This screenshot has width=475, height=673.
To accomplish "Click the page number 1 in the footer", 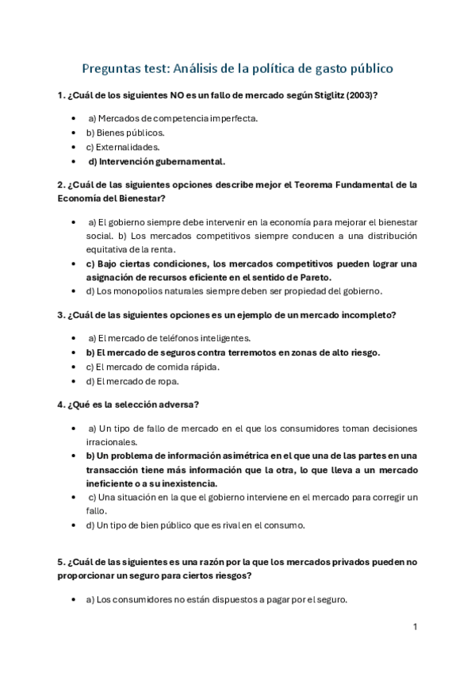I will click(x=415, y=627).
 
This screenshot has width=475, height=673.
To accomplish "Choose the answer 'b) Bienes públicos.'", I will click(x=125, y=133).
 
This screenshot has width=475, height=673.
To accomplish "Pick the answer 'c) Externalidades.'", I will click(x=123, y=147).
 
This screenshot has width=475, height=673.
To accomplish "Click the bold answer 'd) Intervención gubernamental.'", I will click(x=156, y=161).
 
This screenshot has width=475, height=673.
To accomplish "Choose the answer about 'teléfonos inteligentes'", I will click(x=169, y=338).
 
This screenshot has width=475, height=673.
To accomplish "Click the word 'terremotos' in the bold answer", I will click(x=235, y=352).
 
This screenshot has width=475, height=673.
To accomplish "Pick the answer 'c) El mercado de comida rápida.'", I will click(x=153, y=367).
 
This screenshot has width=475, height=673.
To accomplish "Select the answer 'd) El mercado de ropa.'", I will click(x=132, y=381).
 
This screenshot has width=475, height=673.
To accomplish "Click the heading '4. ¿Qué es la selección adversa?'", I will click(x=128, y=404).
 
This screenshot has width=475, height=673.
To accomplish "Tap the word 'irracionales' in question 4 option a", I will click(x=111, y=441).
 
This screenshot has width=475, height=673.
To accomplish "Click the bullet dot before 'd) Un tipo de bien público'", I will click(x=74, y=525).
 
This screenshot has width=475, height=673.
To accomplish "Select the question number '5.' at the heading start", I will click(x=61, y=562).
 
